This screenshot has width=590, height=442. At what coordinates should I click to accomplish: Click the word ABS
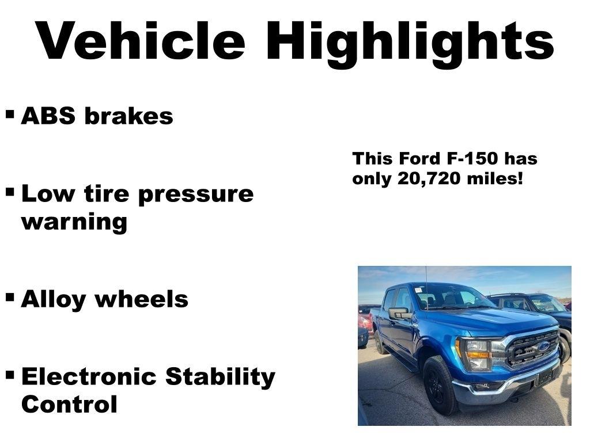tap(48, 116)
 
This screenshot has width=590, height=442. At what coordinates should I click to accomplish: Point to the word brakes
tap(128, 116)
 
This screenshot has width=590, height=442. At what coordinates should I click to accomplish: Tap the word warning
tap(74, 222)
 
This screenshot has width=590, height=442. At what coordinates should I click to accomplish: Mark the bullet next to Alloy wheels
tap(10, 297)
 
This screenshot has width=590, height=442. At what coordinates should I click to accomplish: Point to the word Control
tap(69, 404)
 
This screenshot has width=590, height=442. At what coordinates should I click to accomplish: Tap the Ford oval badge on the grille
tap(543, 346)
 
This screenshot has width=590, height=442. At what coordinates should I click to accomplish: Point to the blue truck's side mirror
tap(398, 314)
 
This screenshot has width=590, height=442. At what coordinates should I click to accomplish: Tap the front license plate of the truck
tap(543, 377)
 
